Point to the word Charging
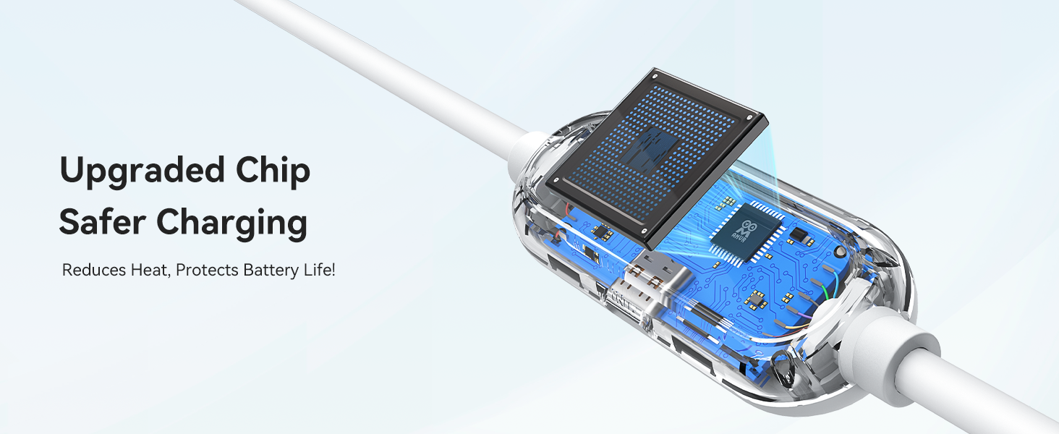click(232, 224)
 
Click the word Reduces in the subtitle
click(94, 270)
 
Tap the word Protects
click(207, 271)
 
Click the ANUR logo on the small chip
click(749, 231)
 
